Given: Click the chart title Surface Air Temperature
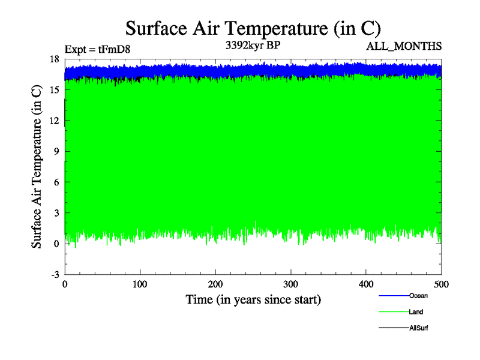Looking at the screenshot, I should tap(253, 28).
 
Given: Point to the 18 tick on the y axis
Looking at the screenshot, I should tap(54, 59).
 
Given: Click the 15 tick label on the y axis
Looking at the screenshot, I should tap(54, 89).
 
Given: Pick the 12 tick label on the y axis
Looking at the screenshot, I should tap(54, 121).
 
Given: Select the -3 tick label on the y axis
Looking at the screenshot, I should tap(55, 274).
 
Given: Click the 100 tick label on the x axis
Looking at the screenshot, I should tap(140, 283).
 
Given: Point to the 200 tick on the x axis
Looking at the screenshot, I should tap(215, 283).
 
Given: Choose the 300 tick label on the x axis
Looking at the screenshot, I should tap(291, 283).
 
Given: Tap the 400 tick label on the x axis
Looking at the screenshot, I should tap(367, 283).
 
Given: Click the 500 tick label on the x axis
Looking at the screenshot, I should tap(441, 283).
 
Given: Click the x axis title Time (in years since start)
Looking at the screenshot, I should tap(253, 299).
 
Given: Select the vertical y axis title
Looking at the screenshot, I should tap(37, 167).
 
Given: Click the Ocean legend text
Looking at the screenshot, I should tap(418, 296).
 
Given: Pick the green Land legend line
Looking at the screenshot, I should tap(394, 312).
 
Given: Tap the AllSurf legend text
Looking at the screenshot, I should tap(419, 328).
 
